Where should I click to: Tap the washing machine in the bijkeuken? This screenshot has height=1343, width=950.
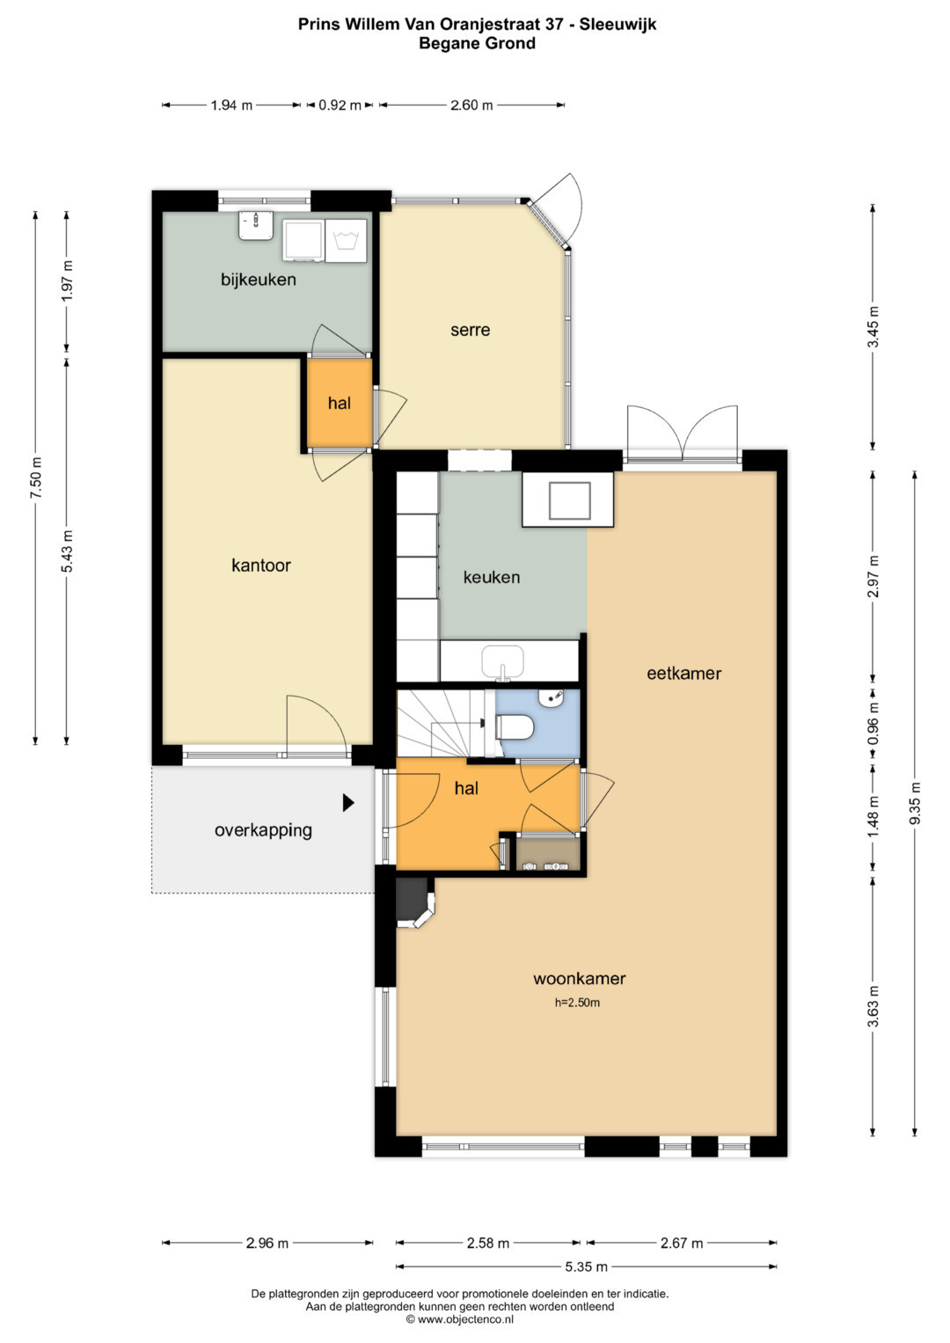(346, 241)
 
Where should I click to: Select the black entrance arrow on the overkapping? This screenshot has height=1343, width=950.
(347, 803)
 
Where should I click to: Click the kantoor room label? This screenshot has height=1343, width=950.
(261, 566)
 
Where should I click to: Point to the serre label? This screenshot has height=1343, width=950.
(471, 330)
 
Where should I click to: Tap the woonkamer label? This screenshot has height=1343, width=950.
(580, 979)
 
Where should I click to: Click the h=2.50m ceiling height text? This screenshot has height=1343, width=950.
(577, 1003)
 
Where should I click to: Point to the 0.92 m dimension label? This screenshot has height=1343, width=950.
(340, 106)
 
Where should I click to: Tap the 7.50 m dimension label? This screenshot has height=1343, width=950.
(36, 478)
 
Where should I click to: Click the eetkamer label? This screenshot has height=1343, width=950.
(683, 674)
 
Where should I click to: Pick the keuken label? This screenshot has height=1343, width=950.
(491, 577)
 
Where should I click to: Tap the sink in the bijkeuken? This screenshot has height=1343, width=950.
(256, 225)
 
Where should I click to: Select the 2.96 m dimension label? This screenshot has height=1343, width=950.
(267, 1244)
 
